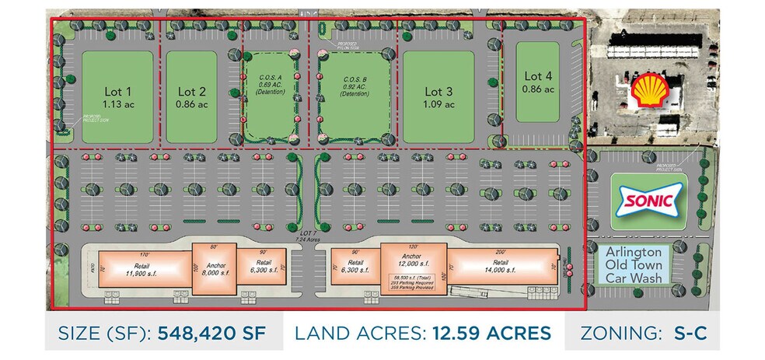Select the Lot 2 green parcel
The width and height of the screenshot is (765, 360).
coord(191,97)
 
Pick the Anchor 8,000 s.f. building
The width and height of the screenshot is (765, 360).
coord(213,272)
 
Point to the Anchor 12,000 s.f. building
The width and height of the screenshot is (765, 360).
coord(414,264)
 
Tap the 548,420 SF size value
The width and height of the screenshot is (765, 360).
coord(211,333)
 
